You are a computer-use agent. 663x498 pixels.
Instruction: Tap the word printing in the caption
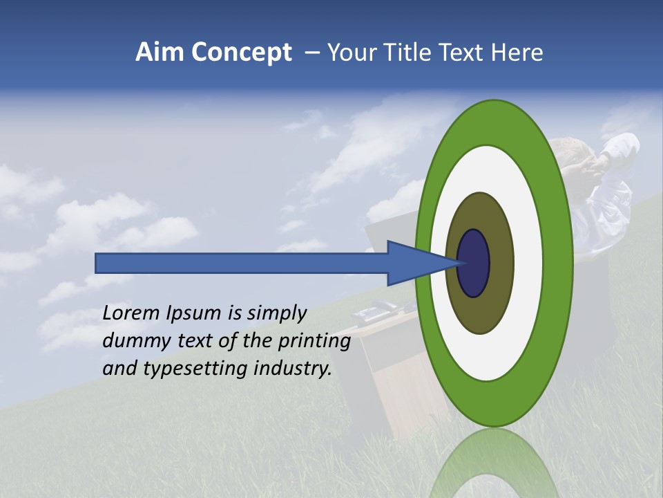[314, 342]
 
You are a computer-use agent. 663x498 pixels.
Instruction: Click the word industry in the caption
[293, 369]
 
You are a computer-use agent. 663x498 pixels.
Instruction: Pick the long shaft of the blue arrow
[242, 263]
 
